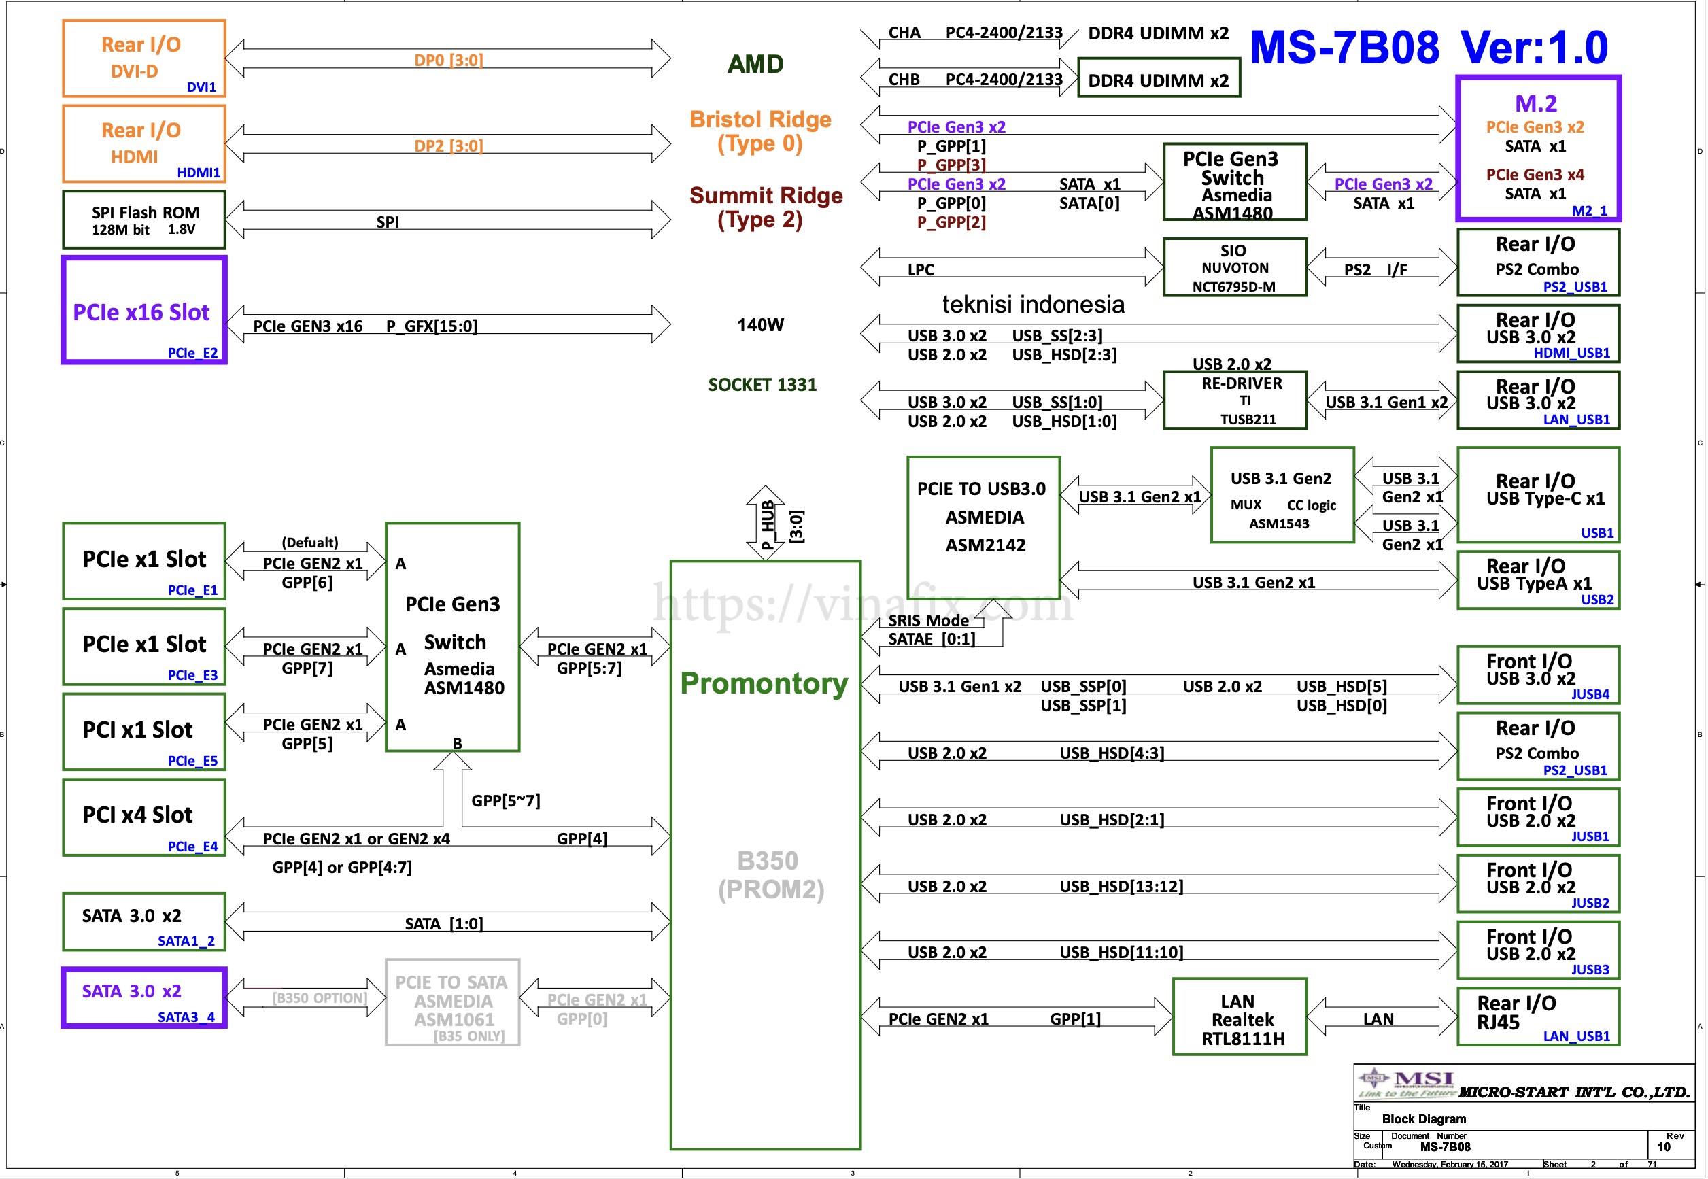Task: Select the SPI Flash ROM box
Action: pos(144,220)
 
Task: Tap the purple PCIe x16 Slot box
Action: pos(144,310)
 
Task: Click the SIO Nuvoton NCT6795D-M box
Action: pos(1235,267)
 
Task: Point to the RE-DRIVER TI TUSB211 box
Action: pos(1235,400)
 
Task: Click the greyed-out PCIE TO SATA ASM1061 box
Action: pos(452,1002)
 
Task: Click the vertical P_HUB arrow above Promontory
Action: pos(766,523)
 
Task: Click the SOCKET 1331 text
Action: pos(762,385)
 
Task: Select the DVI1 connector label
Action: pos(201,87)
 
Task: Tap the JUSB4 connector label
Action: pos(1590,694)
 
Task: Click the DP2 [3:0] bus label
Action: pos(449,146)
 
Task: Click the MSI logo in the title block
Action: pos(1406,1083)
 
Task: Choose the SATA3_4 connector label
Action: pos(186,1017)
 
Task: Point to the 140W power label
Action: pos(760,325)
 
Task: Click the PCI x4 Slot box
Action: pos(144,817)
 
